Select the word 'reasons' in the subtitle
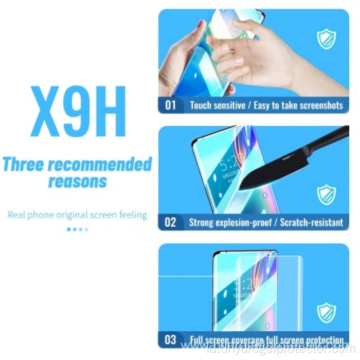click(x=78, y=181)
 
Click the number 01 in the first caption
click(x=170, y=105)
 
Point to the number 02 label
click(x=170, y=223)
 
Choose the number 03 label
click(x=170, y=340)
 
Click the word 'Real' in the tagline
click(x=16, y=215)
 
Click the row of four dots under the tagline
click(x=78, y=229)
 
